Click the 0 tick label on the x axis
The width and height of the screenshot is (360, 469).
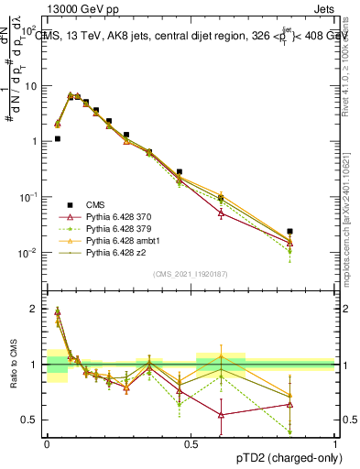click(47, 444)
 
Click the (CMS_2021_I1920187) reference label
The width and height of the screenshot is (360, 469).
click(191, 274)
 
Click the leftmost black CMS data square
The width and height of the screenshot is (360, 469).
click(58, 139)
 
